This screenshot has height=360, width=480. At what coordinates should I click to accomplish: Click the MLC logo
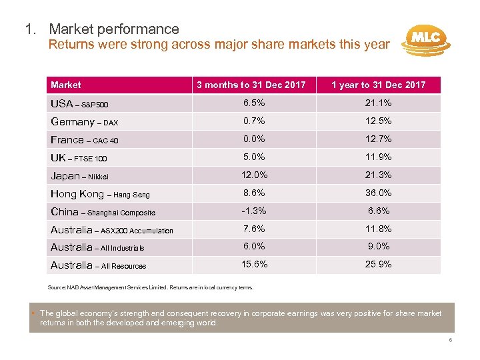pyautogui.click(x=425, y=39)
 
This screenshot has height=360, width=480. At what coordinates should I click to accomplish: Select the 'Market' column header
pyautogui.click(x=66, y=85)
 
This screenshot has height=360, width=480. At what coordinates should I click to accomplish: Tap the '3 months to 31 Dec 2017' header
pyautogui.click(x=251, y=85)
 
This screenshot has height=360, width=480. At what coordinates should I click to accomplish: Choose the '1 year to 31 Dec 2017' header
pyautogui.click(x=379, y=85)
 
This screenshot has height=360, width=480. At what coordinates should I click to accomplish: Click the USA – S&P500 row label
pyautogui.click(x=79, y=104)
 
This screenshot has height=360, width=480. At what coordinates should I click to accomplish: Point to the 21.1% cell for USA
pyautogui.click(x=379, y=103)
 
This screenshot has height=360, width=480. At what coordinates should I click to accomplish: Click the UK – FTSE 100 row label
pyautogui.click(x=79, y=158)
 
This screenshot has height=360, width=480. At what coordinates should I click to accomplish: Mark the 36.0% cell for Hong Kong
pyautogui.click(x=379, y=193)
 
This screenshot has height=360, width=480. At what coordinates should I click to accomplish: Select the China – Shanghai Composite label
pyautogui.click(x=103, y=212)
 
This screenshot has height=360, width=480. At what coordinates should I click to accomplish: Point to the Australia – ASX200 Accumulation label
pyautogui.click(x=112, y=230)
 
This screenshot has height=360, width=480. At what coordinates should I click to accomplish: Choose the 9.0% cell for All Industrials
pyautogui.click(x=379, y=247)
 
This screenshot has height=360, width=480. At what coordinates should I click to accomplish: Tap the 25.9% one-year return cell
pyautogui.click(x=379, y=265)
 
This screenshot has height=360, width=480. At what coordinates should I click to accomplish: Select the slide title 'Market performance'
pyautogui.click(x=113, y=29)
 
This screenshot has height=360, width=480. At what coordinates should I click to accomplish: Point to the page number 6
pyautogui.click(x=451, y=339)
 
